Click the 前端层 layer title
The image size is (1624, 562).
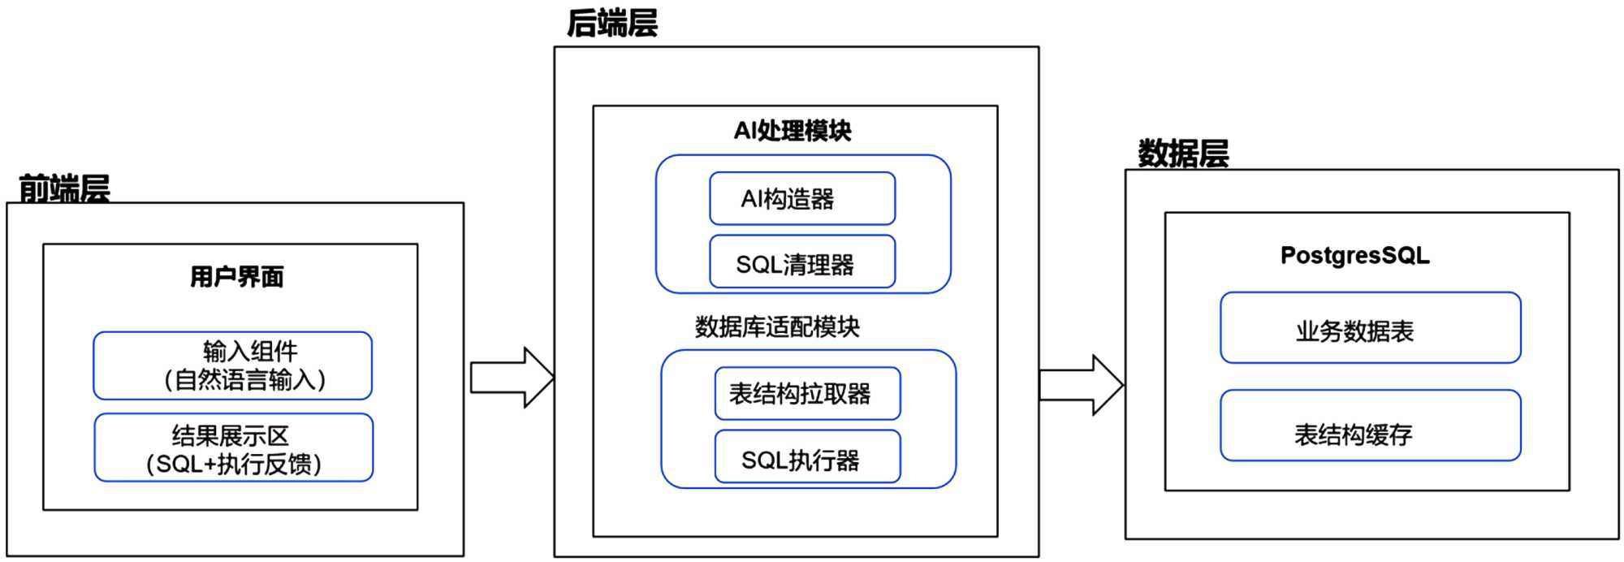click(x=64, y=188)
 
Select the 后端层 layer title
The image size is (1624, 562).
click(x=611, y=23)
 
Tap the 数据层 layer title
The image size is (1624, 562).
click(x=1182, y=153)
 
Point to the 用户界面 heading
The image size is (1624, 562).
click(x=236, y=277)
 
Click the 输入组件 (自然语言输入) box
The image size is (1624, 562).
click(x=232, y=365)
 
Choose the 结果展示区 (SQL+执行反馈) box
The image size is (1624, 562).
click(x=233, y=447)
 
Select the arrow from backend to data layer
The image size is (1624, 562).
click(x=1081, y=385)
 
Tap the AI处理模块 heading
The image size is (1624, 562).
click(x=793, y=131)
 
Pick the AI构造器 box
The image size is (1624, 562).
click(x=802, y=198)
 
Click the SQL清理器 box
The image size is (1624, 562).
click(x=802, y=262)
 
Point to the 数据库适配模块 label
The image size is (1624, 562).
click(x=777, y=326)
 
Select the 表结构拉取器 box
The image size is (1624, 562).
click(x=807, y=394)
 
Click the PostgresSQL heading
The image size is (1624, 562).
click(x=1354, y=255)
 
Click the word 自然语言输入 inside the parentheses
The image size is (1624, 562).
click(x=244, y=380)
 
